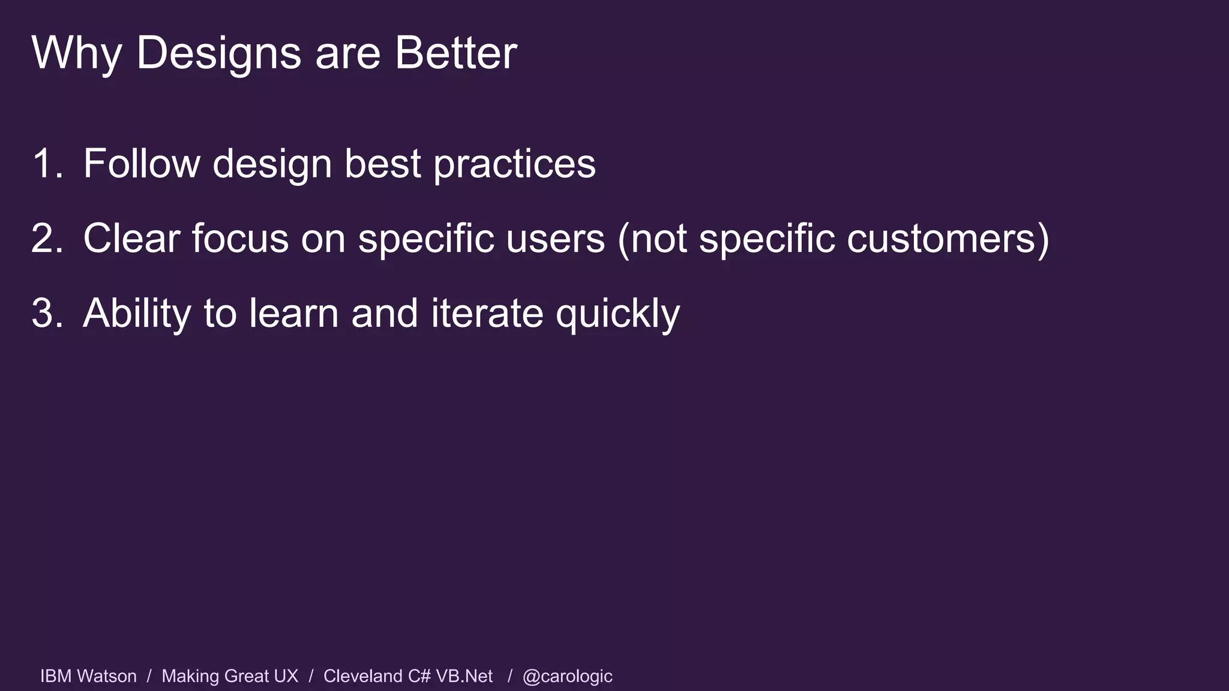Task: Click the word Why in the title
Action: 76,53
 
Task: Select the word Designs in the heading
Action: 218,53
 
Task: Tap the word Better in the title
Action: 455,53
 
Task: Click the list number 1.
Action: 47,163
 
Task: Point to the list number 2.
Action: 47,238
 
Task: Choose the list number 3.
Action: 47,313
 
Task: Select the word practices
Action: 514,164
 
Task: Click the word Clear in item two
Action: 131,238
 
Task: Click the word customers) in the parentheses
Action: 948,239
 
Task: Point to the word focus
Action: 240,238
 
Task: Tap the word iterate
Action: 487,313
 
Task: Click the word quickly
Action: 618,314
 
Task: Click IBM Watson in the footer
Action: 88,676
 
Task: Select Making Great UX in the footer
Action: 230,676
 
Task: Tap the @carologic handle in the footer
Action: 567,677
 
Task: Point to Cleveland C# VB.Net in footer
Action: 408,676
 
